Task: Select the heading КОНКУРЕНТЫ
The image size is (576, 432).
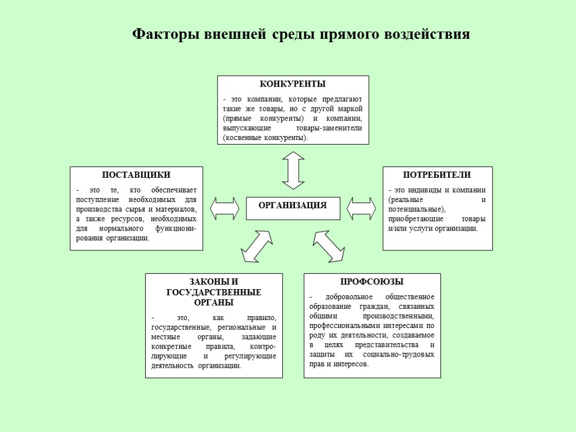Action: coord(292,84)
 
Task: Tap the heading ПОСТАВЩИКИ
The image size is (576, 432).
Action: coord(136,175)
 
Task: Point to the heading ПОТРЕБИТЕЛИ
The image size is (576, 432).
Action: coord(437,175)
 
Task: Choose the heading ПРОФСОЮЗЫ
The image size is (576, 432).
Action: coord(372,282)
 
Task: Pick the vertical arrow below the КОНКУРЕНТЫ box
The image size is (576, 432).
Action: coord(293,170)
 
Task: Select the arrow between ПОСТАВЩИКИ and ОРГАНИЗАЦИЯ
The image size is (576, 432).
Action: coord(224,208)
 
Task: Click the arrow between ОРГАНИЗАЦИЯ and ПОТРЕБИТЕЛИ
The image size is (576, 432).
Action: coord(361,208)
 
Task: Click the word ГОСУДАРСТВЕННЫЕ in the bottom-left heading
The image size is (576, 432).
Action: coord(214,292)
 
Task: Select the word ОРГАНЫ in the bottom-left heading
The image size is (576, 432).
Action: coord(214,303)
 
